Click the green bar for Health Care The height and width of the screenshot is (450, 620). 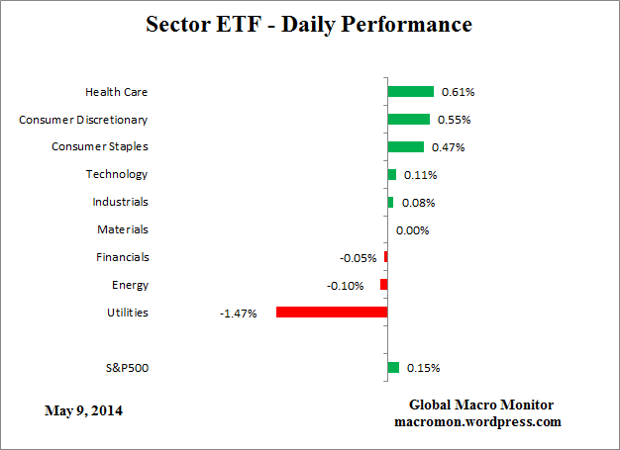(x=410, y=92)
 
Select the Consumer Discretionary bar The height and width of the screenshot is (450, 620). (x=408, y=120)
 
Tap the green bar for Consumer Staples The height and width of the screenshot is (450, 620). (x=405, y=147)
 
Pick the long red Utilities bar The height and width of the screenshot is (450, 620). (x=331, y=313)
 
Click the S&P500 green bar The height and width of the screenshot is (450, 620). (x=393, y=368)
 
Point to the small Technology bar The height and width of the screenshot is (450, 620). (x=391, y=175)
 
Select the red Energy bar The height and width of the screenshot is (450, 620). (x=383, y=285)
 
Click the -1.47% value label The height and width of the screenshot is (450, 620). (x=238, y=314)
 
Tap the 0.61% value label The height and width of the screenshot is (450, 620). (x=459, y=92)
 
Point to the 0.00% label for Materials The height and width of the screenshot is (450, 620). (x=412, y=230)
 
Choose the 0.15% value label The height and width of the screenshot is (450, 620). (x=423, y=368)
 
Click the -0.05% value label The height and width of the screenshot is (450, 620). (x=358, y=258)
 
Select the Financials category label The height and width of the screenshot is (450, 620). (x=123, y=257)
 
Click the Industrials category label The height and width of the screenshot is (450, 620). (x=121, y=202)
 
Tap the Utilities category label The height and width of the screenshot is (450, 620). (x=127, y=313)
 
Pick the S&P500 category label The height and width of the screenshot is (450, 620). (x=126, y=368)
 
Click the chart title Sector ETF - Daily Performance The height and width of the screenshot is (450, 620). (x=309, y=24)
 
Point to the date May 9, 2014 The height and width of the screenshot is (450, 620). (x=84, y=409)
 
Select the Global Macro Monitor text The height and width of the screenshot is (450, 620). (x=481, y=405)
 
